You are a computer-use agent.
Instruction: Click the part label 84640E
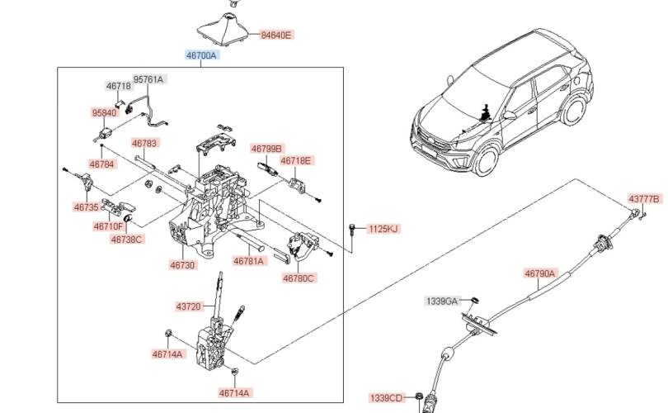coord(276,36)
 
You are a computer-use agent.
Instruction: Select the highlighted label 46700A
coord(200,55)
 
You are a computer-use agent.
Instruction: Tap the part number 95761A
coord(149,79)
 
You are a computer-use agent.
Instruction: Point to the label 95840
coord(105,112)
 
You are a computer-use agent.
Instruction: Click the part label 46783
coord(144,143)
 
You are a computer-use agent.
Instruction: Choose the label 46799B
coord(266,149)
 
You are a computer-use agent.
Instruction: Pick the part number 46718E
coord(295,160)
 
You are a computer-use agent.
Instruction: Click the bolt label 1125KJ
coord(383,228)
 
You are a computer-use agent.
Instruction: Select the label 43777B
coord(644,199)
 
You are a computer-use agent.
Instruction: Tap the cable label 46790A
coord(540,272)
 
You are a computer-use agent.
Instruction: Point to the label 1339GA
coord(441,301)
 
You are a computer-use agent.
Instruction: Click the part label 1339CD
coord(387,398)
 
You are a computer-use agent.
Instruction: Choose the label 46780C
coord(299,278)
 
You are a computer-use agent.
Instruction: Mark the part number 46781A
coord(249,261)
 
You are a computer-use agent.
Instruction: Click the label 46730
coord(183,265)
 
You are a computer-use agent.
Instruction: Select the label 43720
coord(188,306)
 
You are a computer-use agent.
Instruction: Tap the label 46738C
coord(127,240)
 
